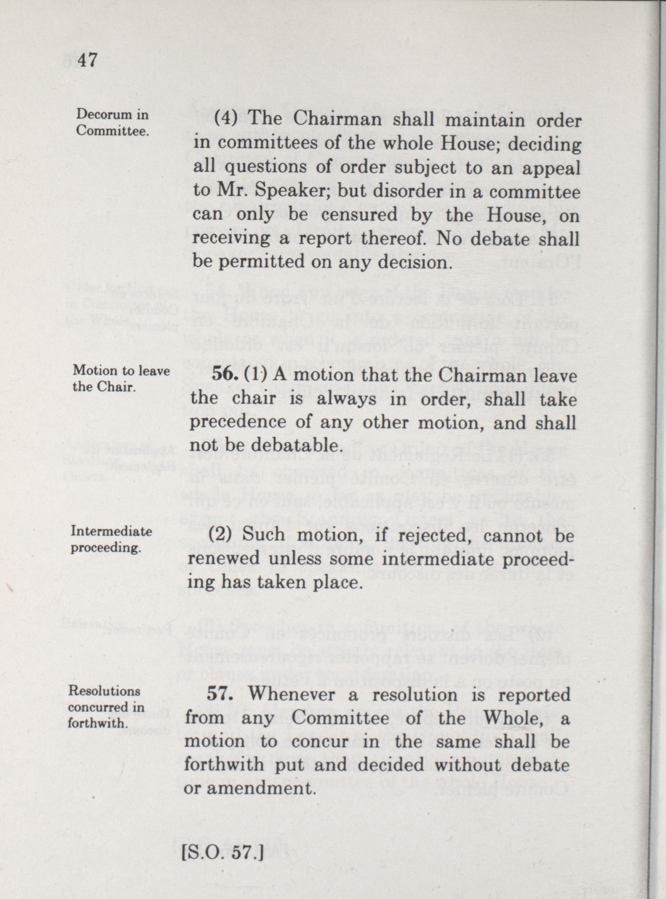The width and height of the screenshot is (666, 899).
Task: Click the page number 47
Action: pyautogui.click(x=84, y=60)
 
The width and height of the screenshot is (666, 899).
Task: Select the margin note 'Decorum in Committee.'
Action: pyautogui.click(x=112, y=123)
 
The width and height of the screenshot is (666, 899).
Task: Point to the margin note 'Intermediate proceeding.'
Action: pyautogui.click(x=111, y=539)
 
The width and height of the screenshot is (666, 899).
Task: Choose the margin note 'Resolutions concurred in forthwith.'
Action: pyautogui.click(x=106, y=707)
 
